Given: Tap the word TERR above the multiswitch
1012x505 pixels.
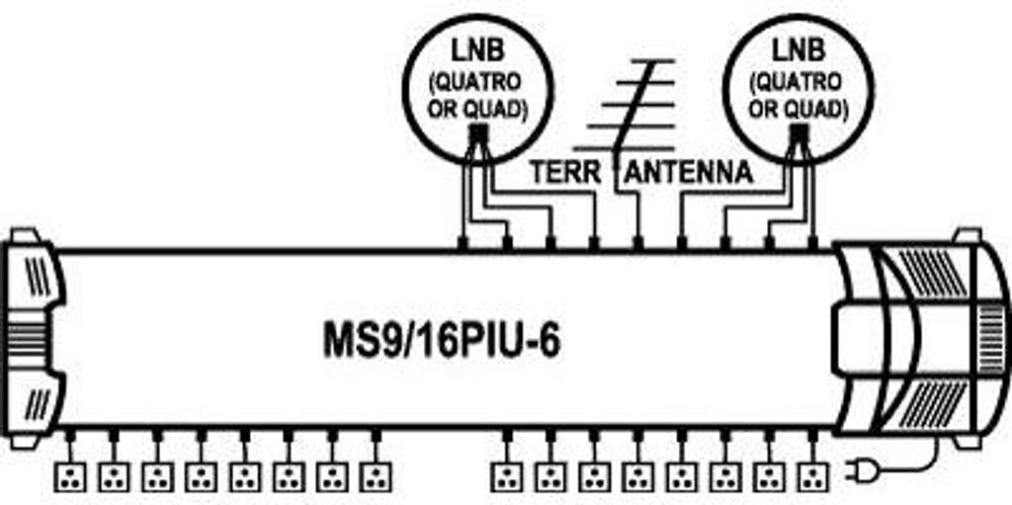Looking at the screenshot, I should [x=564, y=172].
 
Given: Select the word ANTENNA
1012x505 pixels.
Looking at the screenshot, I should [x=689, y=172].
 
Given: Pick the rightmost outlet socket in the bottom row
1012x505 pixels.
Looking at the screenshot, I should [x=812, y=476].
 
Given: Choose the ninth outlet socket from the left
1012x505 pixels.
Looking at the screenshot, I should [x=507, y=476].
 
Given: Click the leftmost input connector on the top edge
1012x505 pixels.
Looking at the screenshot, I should [x=464, y=241].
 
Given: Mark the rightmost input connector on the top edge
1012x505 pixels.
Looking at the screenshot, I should [x=812, y=241].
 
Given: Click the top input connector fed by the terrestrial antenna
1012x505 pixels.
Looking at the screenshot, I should [x=638, y=241].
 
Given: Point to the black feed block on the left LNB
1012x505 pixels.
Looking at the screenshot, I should [x=477, y=134].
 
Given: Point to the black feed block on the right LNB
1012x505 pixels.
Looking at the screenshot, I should [x=799, y=134].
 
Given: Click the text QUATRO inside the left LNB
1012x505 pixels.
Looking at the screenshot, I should [x=477, y=82].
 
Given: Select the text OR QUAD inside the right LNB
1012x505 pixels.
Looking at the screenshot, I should [x=799, y=108].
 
